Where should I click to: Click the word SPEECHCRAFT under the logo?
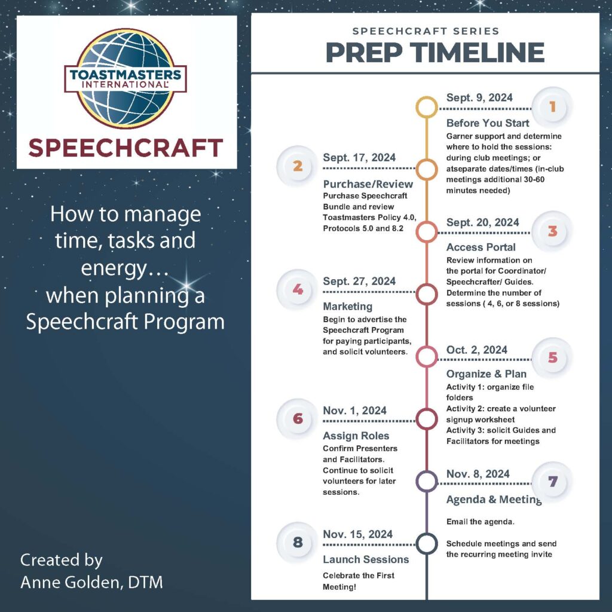pyautogui.click(x=126, y=148)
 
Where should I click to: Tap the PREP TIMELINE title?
pyautogui.click(x=434, y=52)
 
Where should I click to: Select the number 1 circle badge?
pyautogui.click(x=552, y=107)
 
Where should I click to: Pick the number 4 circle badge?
pyautogui.click(x=298, y=290)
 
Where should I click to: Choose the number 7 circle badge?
pyautogui.click(x=552, y=481)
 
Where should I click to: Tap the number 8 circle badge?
pyautogui.click(x=298, y=543)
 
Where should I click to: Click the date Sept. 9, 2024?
pyautogui.click(x=479, y=98)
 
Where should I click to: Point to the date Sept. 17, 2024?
pyautogui.click(x=359, y=158)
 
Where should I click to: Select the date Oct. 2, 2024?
pyautogui.click(x=477, y=350)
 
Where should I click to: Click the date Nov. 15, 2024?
pyautogui.click(x=357, y=534)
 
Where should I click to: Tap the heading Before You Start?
pyautogui.click(x=488, y=123)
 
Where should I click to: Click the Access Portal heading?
pyautogui.click(x=481, y=247)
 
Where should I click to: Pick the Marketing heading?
pyautogui.click(x=348, y=306)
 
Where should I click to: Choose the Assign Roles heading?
pyautogui.click(x=356, y=435)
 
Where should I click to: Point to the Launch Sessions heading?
pyautogui.click(x=366, y=559)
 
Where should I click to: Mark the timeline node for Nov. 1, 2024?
pyautogui.click(x=427, y=419)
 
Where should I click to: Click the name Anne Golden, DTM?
pyautogui.click(x=91, y=582)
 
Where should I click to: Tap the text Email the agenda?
pyautogui.click(x=481, y=522)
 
